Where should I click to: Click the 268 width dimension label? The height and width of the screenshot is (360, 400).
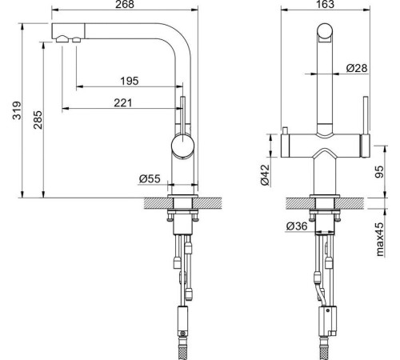125,4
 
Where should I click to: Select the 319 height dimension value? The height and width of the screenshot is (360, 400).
17,110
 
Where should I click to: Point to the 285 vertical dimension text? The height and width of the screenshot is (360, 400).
38,120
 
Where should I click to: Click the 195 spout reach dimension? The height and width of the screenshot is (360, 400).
130,81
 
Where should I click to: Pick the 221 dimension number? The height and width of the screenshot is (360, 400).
123,102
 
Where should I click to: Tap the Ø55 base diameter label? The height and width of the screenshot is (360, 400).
150,179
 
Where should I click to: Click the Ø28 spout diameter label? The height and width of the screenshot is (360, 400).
357,68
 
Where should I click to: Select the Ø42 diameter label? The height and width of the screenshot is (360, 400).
265,174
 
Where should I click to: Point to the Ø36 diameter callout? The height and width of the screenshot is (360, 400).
297,226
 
